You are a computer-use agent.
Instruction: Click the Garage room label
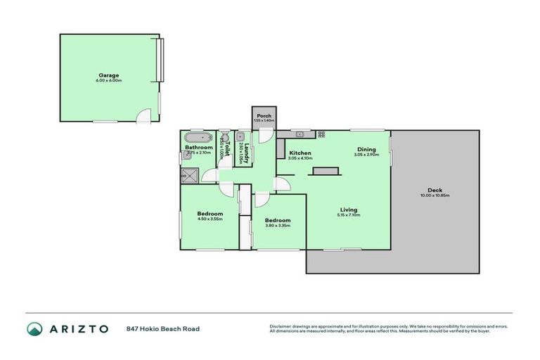tap(109, 75)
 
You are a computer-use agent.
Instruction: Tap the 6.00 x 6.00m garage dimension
tap(109, 81)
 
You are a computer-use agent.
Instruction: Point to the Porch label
tap(264, 116)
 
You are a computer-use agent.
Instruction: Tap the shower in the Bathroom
tap(188, 174)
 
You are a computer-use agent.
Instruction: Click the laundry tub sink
tap(240, 137)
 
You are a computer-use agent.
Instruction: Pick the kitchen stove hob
tap(321, 134)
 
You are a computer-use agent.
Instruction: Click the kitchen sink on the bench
tap(299, 134)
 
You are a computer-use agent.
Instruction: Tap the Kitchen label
tap(300, 153)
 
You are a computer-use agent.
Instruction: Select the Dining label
tap(366, 149)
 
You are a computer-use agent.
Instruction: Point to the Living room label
tap(349, 210)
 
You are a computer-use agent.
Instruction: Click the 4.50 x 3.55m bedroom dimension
tap(210, 219)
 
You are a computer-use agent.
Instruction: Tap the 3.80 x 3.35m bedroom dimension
tap(278, 226)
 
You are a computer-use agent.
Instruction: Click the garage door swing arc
tap(144, 117)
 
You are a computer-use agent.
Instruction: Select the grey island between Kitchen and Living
tap(324, 171)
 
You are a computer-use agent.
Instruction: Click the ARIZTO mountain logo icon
tap(34, 328)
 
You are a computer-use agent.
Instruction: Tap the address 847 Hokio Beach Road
tap(163, 328)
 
